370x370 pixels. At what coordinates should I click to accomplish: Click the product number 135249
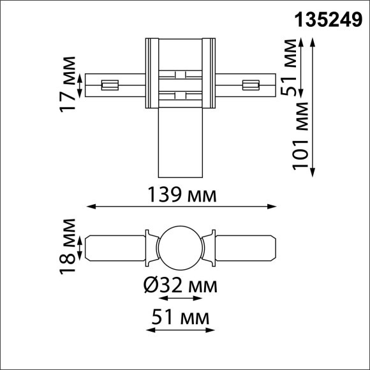pos(329,20)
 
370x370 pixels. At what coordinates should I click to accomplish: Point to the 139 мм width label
pos(182,194)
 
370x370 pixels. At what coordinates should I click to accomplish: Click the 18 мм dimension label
pos(68,246)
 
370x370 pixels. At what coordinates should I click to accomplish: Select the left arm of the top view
pos(115,84)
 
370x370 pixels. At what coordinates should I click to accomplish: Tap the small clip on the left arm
pos(110,84)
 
